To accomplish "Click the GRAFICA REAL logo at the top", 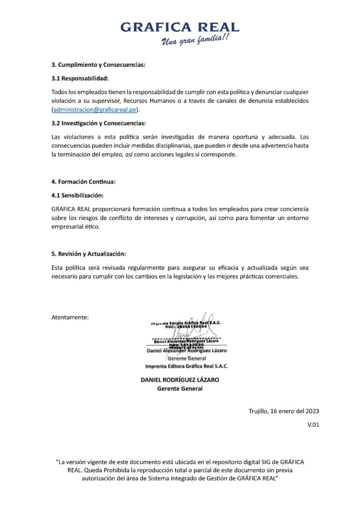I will click(180, 27).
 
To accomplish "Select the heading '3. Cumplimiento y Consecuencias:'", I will click(98, 65).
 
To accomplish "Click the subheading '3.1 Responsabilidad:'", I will click(80, 78).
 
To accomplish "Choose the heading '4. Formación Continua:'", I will click(83, 182).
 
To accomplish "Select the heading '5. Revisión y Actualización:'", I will click(89, 254).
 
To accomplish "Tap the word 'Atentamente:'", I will click(70, 317).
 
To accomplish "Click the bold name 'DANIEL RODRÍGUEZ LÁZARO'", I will click(180, 380).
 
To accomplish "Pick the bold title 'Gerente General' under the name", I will click(180, 389).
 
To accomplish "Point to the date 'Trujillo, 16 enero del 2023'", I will click(284, 411).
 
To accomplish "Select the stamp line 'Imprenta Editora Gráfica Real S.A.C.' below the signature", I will click(186, 366).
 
